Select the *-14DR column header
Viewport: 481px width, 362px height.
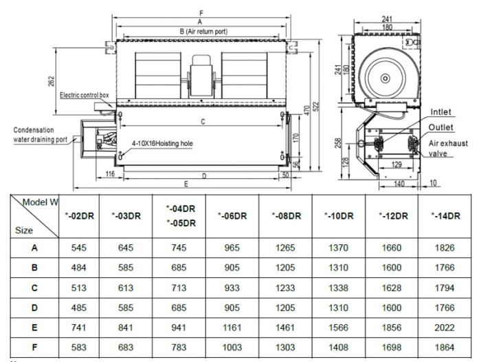pos(445,215)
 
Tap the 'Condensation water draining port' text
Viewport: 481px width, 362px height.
pos(41,134)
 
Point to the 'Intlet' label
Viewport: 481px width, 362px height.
pos(440,111)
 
